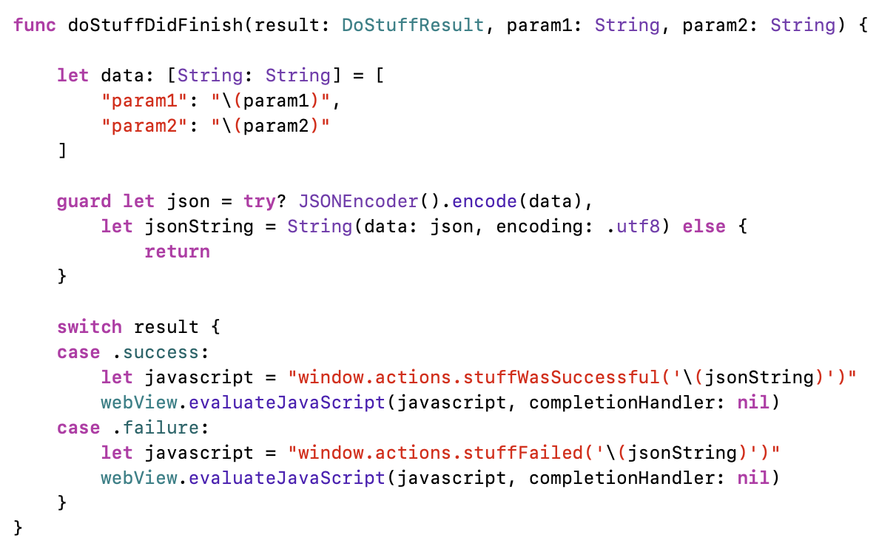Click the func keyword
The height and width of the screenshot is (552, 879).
[35, 25]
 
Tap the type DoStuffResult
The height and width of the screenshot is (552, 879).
[413, 25]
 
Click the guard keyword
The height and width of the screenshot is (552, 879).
[84, 201]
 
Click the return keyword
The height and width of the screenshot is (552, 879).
[178, 252]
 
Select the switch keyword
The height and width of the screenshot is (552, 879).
[89, 327]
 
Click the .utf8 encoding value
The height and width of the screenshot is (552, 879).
[634, 226]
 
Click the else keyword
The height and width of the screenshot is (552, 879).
[704, 226]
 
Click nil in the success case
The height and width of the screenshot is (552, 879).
[752, 403]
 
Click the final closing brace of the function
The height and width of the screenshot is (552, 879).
[18, 528]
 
